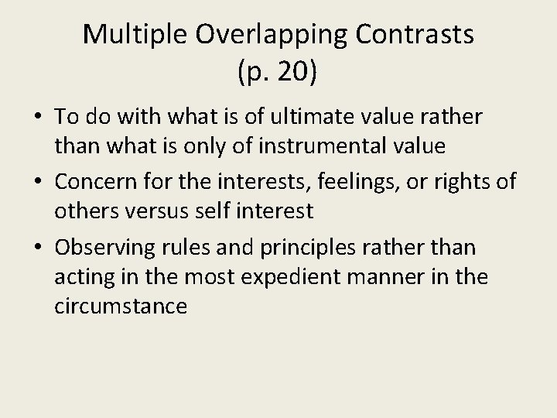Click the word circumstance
tap(121, 306)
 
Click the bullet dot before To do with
tap(38, 118)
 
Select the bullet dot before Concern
tap(38, 183)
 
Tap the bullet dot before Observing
tap(38, 248)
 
